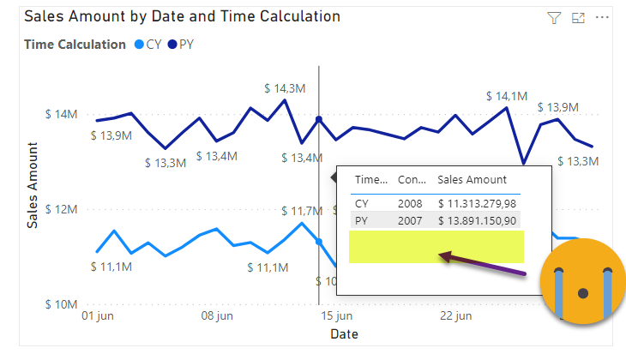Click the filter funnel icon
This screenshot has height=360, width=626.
point(554,18)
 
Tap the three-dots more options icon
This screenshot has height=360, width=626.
point(602,18)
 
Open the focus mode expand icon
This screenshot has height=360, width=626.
point(578,18)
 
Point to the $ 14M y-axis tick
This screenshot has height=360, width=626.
point(63,114)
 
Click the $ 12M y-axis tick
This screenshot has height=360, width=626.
point(63,209)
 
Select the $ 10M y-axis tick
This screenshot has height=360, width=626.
point(63,303)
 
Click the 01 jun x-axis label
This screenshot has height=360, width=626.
point(97,316)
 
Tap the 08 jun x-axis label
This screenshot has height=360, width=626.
point(217,316)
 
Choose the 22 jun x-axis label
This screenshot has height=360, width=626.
point(455,316)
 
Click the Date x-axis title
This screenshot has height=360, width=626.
point(344,333)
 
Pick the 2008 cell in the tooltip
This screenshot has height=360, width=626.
point(410,203)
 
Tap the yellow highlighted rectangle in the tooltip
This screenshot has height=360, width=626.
point(436,246)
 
